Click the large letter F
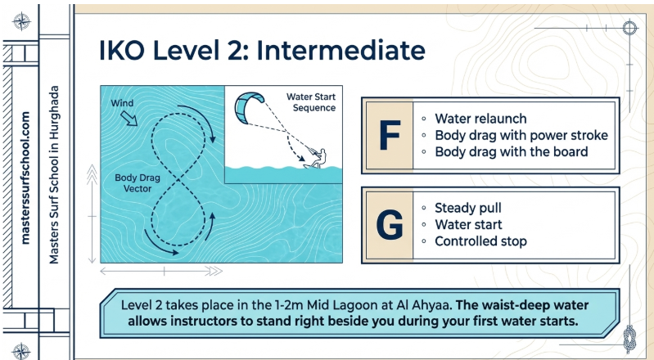coord(390,135)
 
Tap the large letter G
coord(390,225)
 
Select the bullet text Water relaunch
coord(480,119)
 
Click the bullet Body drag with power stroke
coord(521,135)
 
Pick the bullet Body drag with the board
coord(512,151)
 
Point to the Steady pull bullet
coord(468,208)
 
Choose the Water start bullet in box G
coord(468,224)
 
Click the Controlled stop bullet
coord(481,241)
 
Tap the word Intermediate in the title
coord(341,50)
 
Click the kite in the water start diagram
coord(249,108)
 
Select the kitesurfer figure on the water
coord(316,158)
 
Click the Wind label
coord(122,103)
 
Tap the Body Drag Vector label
coord(138,183)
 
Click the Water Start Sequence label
coord(311,102)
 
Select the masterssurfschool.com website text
coord(25,178)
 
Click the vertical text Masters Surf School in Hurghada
coord(54,174)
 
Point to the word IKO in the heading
coord(122,50)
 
